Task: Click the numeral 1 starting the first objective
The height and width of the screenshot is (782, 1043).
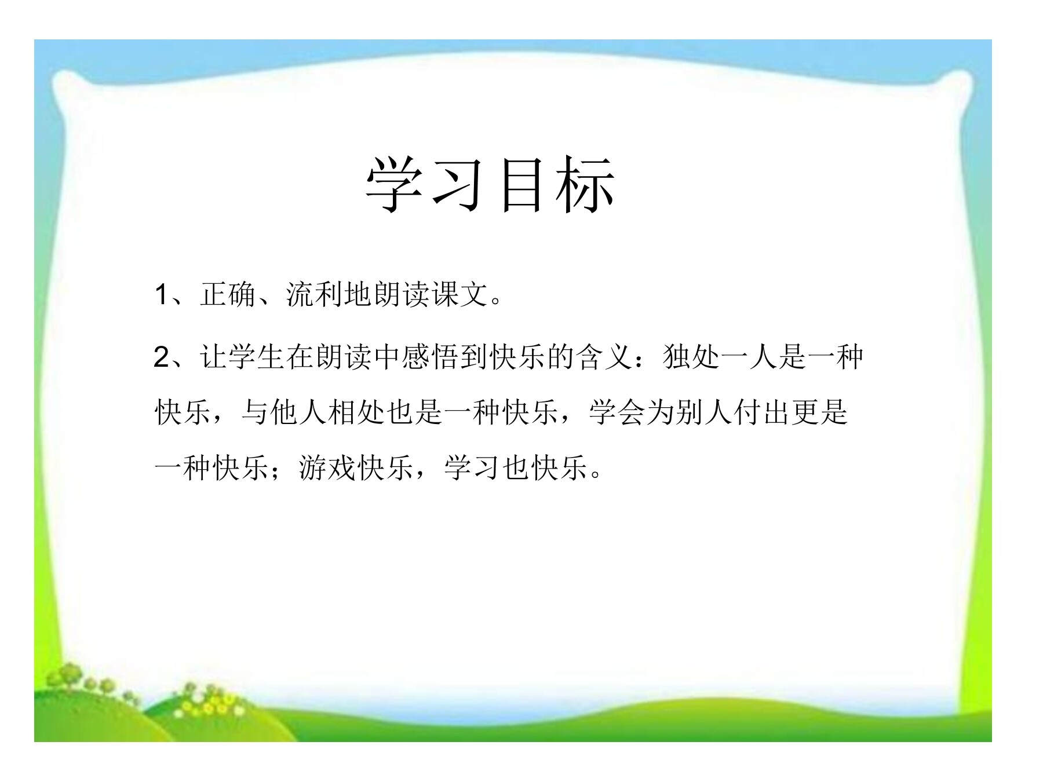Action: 161,295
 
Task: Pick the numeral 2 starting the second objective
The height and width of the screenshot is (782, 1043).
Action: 162,357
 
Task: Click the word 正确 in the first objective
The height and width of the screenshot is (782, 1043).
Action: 228,295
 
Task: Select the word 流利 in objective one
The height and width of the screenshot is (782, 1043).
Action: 315,295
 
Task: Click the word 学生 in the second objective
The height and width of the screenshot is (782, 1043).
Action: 257,357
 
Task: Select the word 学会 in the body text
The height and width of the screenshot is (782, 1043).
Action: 617,412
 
